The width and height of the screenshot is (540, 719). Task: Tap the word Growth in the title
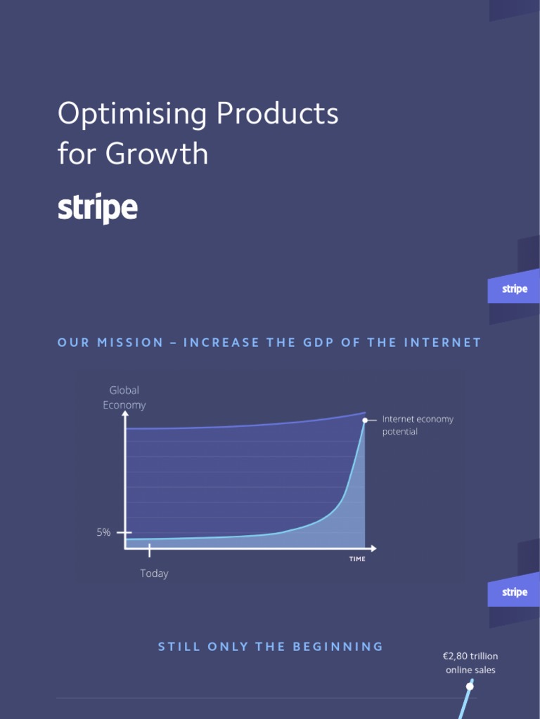157,154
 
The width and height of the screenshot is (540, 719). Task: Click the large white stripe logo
97,209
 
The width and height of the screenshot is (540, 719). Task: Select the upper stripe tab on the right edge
514,289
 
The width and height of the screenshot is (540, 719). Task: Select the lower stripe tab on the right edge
514,592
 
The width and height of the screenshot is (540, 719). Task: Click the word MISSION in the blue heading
130,343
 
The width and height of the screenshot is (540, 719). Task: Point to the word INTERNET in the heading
443,343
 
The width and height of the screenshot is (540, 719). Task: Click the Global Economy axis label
124,397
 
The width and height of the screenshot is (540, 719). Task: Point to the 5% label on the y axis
103,533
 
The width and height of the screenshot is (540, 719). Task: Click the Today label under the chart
154,574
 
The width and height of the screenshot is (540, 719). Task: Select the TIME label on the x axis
357,559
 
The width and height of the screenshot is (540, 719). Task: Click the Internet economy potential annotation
418,426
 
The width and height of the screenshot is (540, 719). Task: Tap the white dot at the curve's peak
365,420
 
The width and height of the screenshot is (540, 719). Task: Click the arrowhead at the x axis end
373,548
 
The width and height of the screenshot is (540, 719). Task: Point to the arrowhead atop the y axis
125,414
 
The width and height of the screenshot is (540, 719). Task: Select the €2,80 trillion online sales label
470,663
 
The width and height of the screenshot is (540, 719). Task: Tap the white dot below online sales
470,686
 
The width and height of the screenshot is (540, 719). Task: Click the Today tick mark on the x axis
149,550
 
